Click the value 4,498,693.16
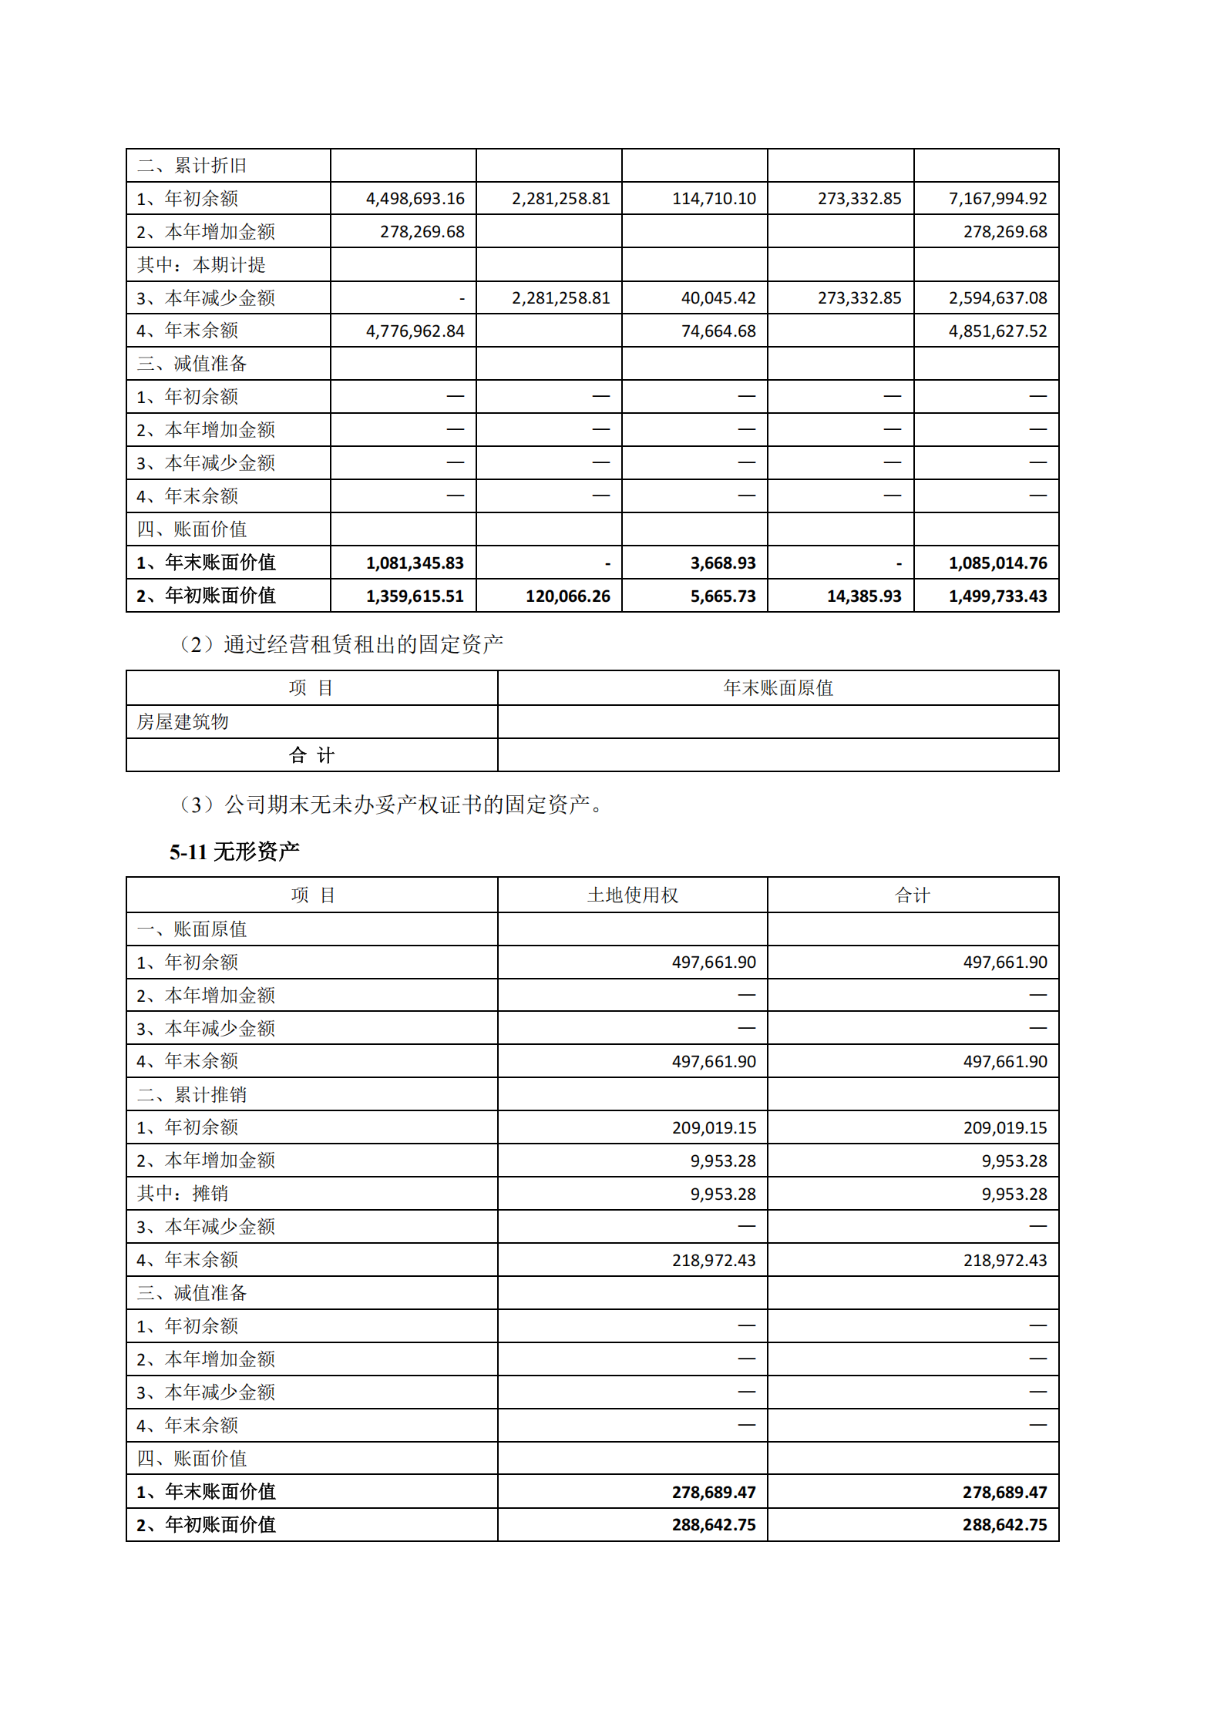coord(415,199)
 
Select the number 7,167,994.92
coord(997,199)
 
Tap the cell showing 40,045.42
coord(718,298)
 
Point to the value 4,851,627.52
coord(997,331)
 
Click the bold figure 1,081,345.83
coord(415,563)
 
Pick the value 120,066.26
coord(567,596)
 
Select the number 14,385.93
coord(864,596)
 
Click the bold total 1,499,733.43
coord(997,596)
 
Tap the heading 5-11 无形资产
coord(234,852)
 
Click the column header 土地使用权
coord(632,895)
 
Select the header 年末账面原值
coord(778,688)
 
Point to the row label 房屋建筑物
coord(183,722)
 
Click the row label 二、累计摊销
coord(192,1094)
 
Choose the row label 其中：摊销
coord(183,1194)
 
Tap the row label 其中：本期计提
coord(201,265)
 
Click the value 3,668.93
coord(723,563)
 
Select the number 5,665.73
coord(723,596)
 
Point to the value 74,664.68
coord(718,331)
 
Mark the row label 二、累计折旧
coord(192,166)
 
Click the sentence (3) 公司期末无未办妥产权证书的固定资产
coord(389,805)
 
